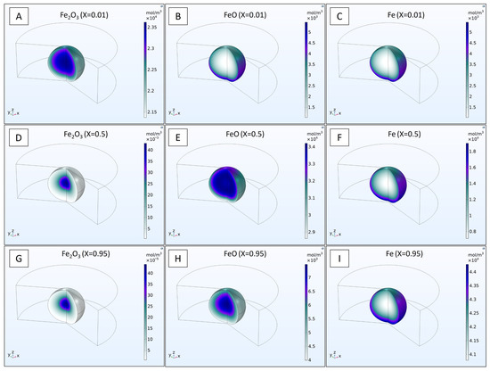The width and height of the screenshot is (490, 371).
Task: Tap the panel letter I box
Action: (x=344, y=262)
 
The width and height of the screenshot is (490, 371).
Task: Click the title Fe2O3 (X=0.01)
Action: (x=86, y=13)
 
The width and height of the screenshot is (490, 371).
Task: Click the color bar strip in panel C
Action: (x=468, y=70)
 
